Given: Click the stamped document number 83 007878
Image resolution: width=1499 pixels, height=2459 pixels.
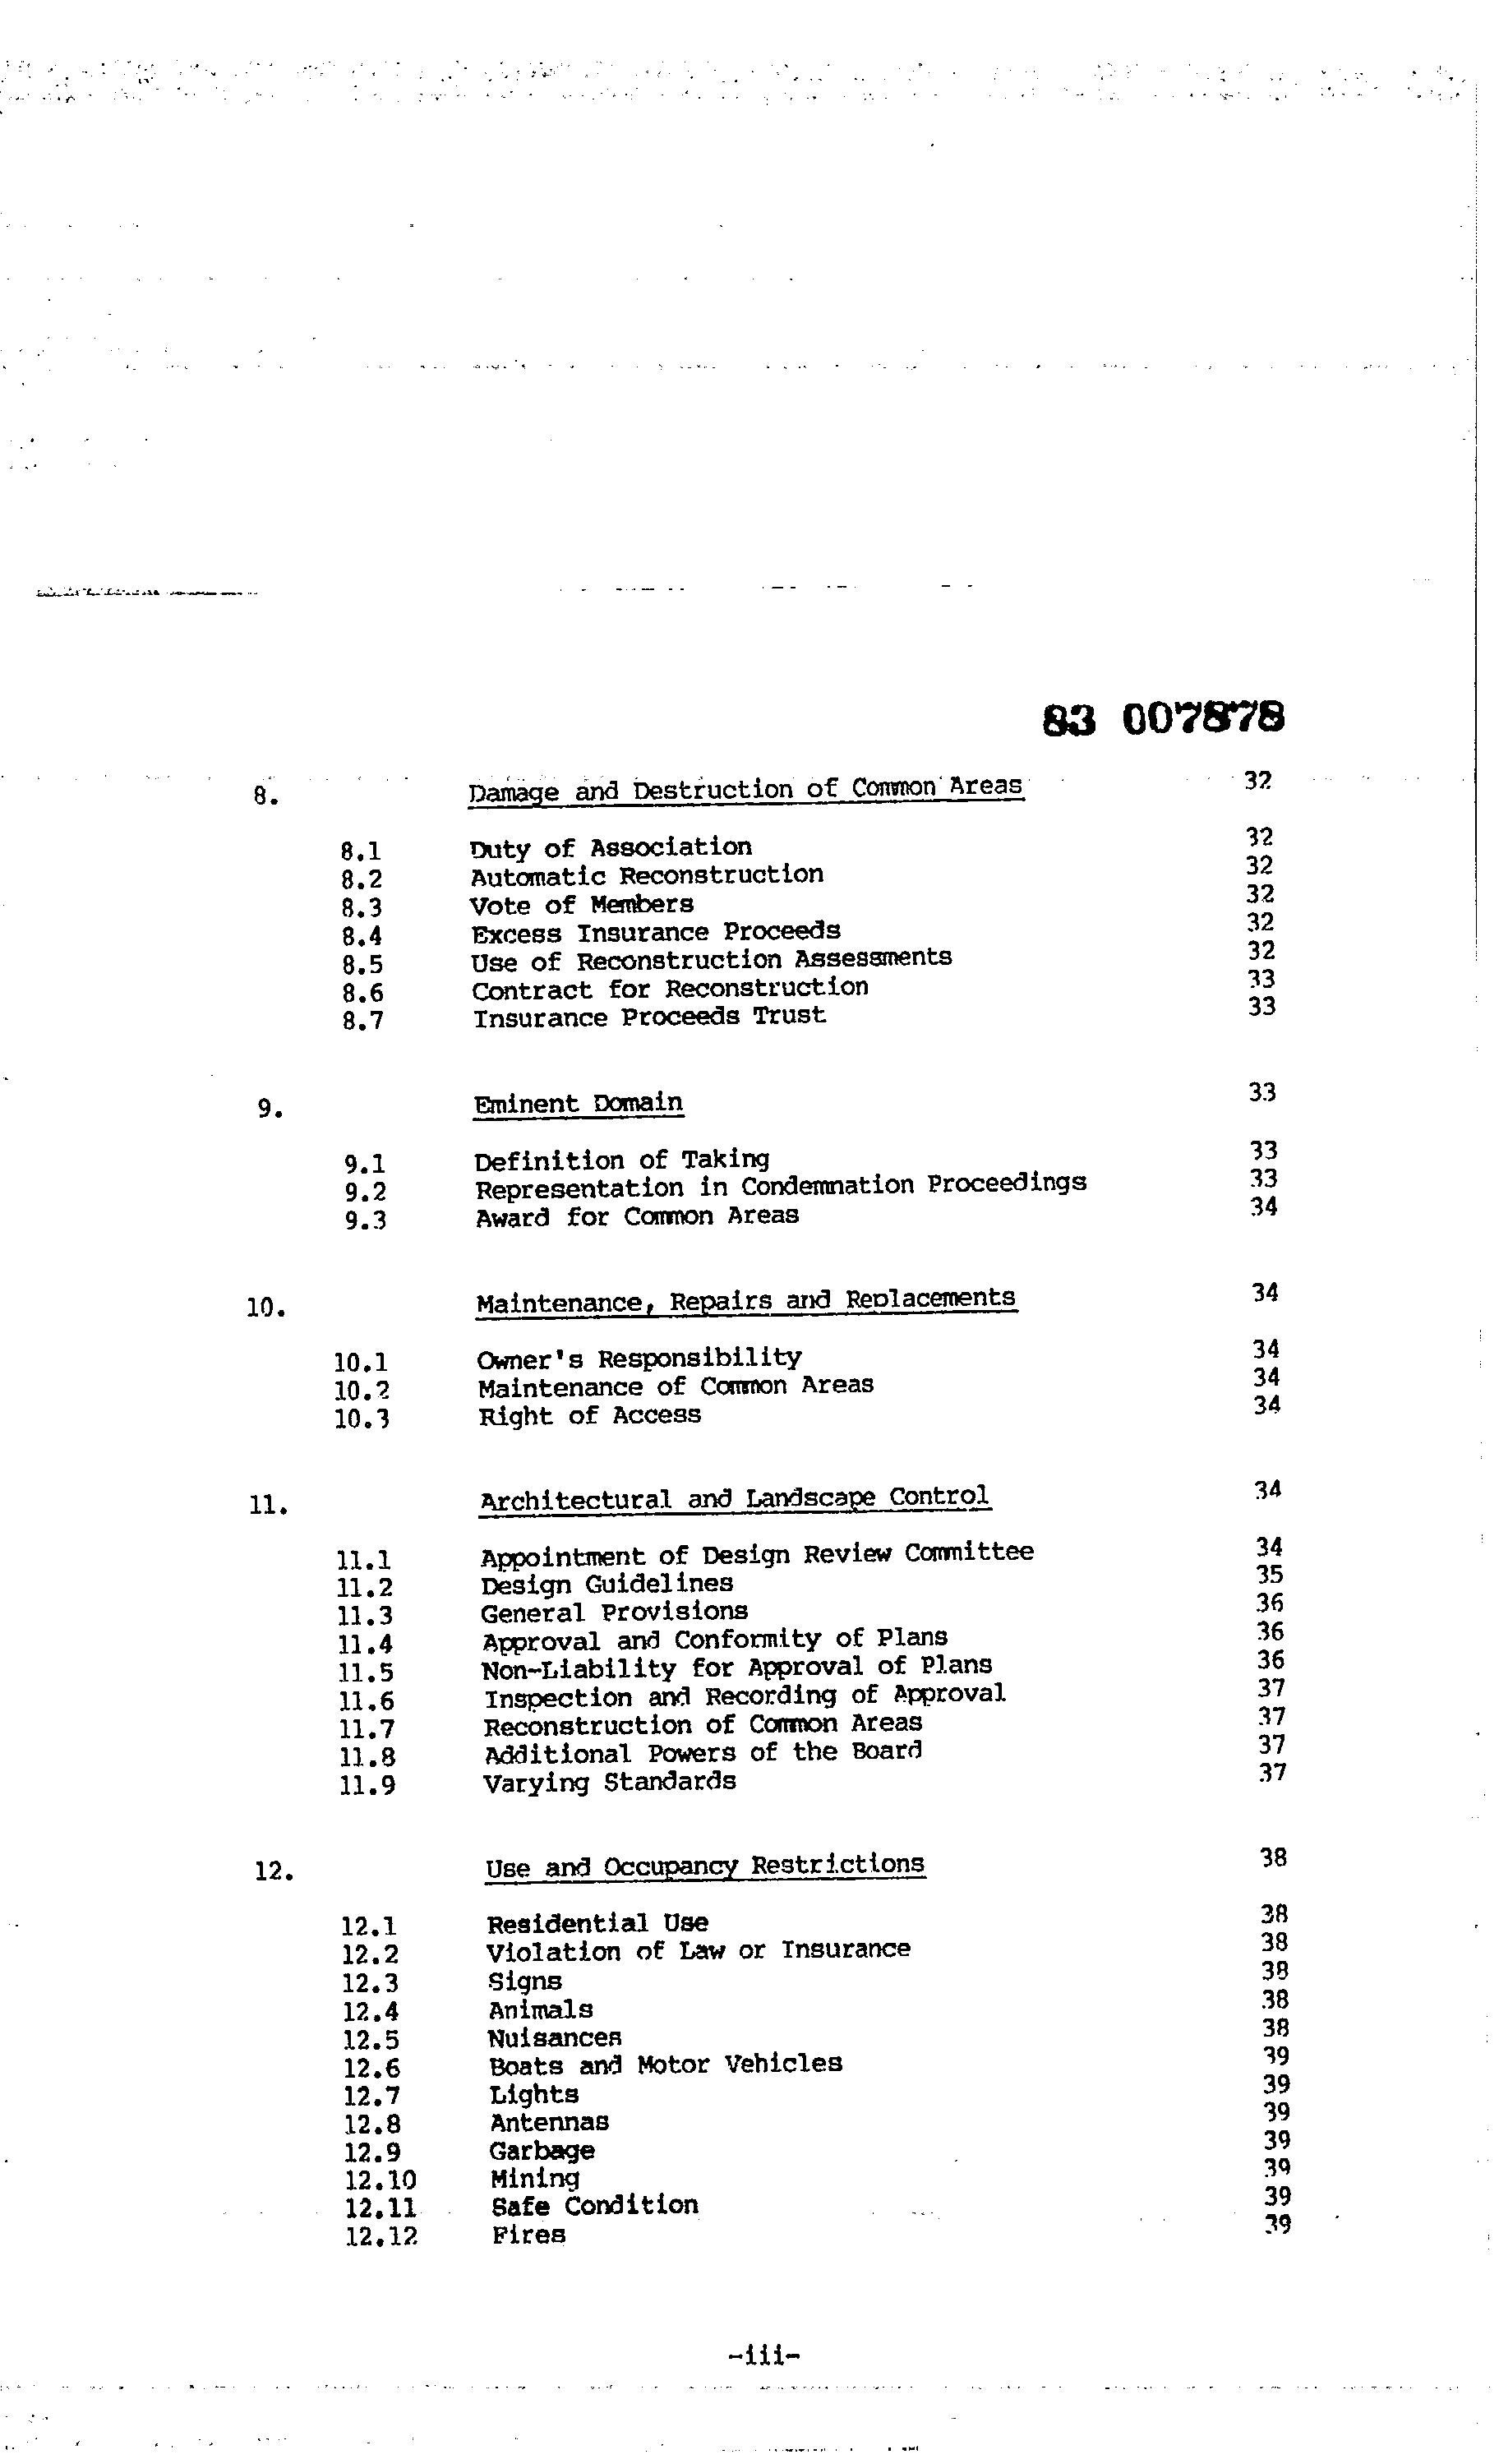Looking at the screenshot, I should click(x=1163, y=717).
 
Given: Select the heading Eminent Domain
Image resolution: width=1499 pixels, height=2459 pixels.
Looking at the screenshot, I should click(x=578, y=1104).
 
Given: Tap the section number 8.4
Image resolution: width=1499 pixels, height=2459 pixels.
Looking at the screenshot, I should click(x=362, y=936).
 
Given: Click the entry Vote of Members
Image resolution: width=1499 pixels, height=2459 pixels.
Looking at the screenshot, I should click(x=581, y=905).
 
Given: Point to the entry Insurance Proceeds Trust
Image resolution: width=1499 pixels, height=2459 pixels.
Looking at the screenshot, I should click(x=648, y=1017).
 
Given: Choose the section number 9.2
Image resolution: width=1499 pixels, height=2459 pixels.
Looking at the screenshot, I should click(x=365, y=1192).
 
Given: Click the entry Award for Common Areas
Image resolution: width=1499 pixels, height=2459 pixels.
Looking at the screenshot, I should click(x=637, y=1216).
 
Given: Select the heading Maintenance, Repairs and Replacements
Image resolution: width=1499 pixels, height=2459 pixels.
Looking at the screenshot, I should click(x=745, y=1301).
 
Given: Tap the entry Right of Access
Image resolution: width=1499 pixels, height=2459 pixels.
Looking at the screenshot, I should click(x=588, y=1415).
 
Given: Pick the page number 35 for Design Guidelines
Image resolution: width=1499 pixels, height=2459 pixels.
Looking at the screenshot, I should click(x=1268, y=1575).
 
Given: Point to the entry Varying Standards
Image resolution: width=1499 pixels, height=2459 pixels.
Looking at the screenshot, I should click(x=609, y=1782).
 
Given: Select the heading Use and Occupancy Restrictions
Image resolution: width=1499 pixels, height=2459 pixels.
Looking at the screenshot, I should click(x=704, y=1866).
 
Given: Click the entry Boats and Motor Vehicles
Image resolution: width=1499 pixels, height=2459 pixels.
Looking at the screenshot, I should click(x=665, y=2064).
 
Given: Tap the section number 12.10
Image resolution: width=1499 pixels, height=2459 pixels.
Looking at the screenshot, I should click(x=381, y=2180).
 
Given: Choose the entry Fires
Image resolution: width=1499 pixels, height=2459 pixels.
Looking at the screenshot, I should click(x=528, y=2235).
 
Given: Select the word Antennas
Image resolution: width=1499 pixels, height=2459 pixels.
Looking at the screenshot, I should click(x=549, y=2122).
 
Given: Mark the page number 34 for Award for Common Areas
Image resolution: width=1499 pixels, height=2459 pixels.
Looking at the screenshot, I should click(x=1265, y=1206).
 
